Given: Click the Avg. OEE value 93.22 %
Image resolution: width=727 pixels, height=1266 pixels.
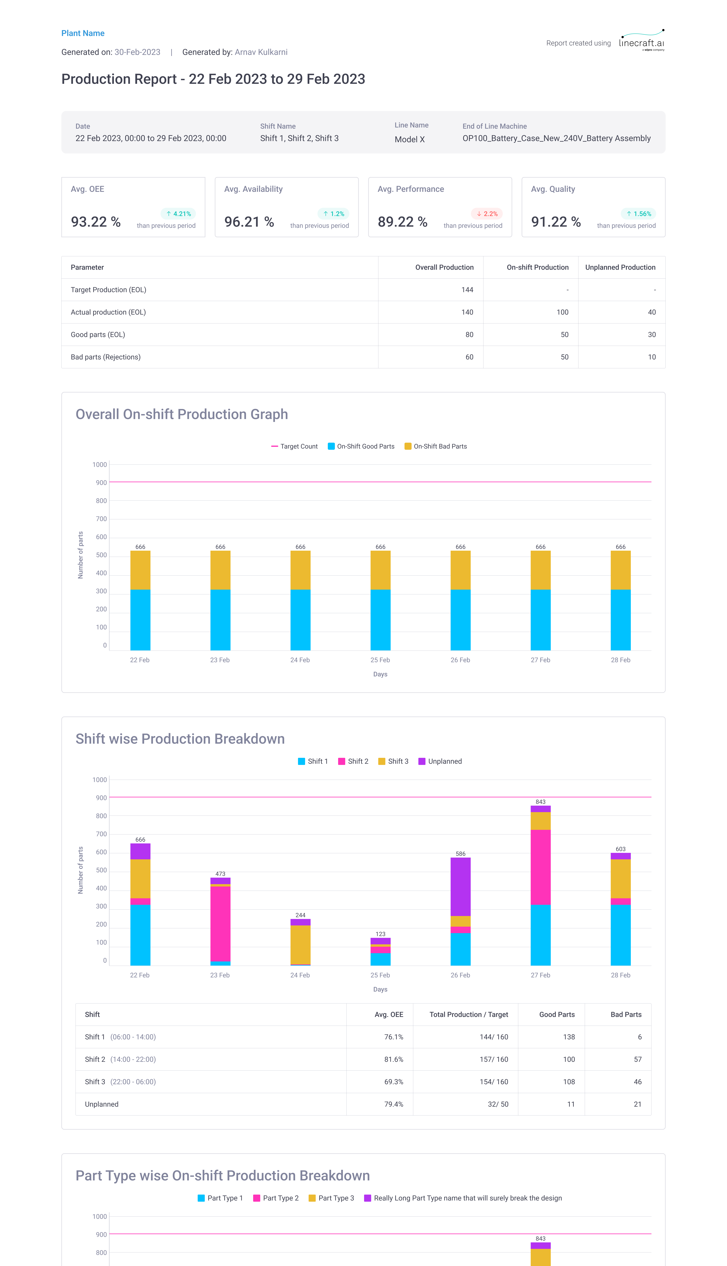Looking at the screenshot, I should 96,222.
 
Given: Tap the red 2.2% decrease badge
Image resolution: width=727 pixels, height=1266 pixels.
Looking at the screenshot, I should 487,214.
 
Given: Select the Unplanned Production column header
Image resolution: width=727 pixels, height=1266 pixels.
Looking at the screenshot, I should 620,267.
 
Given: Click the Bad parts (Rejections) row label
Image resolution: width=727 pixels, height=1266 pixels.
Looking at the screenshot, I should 105,357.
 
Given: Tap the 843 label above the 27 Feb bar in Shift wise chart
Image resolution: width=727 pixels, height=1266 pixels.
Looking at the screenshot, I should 540,802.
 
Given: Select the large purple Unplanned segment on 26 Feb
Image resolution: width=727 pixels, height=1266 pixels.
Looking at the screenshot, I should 460,886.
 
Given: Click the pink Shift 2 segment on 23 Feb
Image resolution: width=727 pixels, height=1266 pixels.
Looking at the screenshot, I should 220,924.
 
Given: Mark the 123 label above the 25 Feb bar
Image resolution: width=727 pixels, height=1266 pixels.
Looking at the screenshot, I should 380,934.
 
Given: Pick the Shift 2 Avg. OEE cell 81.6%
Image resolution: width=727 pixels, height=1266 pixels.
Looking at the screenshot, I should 393,1059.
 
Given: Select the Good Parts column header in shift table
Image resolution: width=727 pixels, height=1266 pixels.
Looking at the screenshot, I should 557,1014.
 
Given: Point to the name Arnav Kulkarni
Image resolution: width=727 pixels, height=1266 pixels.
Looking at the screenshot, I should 261,52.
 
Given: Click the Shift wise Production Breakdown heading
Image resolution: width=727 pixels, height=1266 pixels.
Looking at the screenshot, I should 180,739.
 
